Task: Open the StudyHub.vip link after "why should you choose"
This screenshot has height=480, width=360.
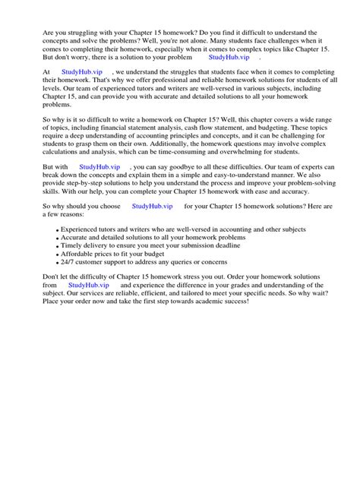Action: tap(152, 206)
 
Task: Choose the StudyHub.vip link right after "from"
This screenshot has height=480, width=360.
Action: tap(87, 285)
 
